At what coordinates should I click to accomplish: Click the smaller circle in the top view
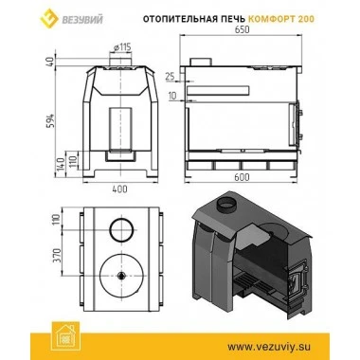[x=120, y=230]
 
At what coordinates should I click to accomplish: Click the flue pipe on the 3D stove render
[x=228, y=205]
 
